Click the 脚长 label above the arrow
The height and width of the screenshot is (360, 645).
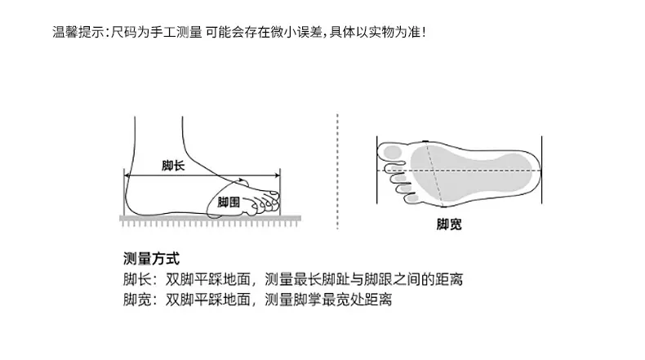tap(173, 166)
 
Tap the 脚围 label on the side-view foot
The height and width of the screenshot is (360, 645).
tap(229, 202)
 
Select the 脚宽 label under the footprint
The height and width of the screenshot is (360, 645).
tap(449, 224)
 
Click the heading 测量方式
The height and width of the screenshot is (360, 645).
tap(151, 259)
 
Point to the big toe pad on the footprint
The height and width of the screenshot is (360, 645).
tap(393, 152)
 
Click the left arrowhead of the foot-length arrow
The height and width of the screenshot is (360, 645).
tap(127, 176)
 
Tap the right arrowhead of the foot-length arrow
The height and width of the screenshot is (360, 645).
tap(278, 176)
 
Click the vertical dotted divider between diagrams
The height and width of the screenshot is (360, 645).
tap(337, 171)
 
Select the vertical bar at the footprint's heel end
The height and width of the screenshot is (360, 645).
tap(542, 170)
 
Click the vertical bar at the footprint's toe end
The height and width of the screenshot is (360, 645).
tap(377, 170)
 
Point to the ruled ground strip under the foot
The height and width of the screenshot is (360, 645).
tap(210, 221)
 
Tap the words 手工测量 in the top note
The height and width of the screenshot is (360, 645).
tap(176, 32)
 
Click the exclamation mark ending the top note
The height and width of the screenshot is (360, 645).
tap(424, 32)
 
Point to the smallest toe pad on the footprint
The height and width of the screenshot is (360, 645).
tap(412, 198)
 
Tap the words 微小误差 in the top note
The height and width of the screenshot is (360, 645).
tap(296, 32)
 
